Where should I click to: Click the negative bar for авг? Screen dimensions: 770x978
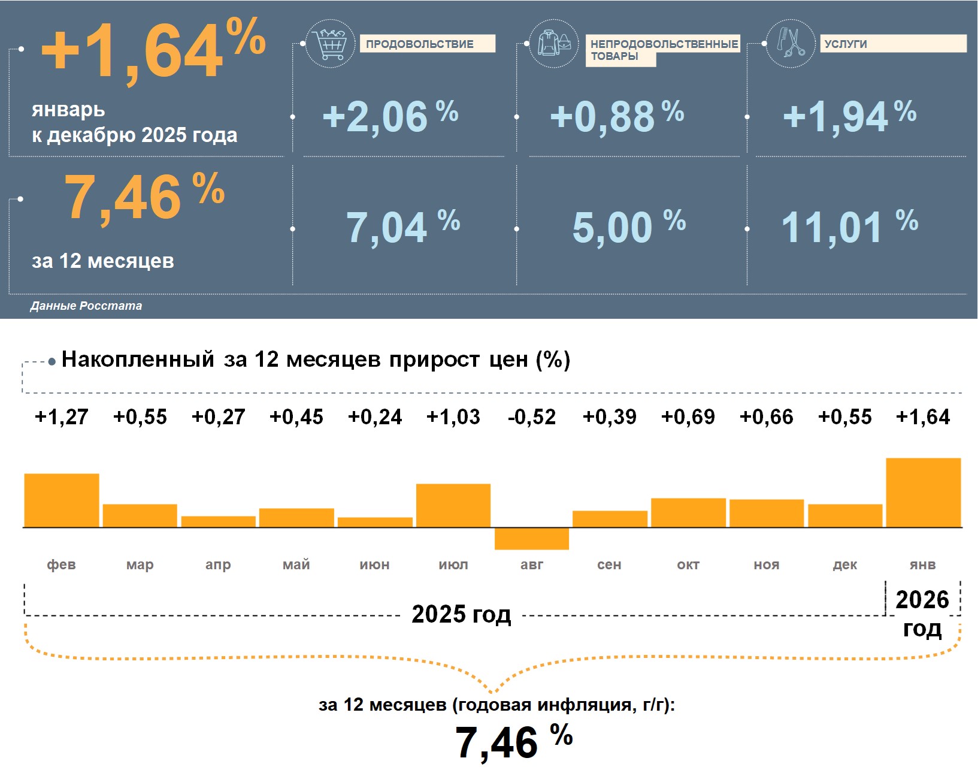point(531,538)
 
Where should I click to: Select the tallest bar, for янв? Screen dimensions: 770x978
point(923,493)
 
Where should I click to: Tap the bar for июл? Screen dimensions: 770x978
point(453,505)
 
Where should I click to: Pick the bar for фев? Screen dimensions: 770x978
point(62,500)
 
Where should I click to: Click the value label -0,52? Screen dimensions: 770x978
point(531,417)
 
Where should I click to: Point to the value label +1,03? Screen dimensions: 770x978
point(453,417)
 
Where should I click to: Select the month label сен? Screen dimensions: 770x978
point(609,564)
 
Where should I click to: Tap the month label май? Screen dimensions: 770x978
point(296,564)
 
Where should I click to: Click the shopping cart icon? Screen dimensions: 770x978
point(330,43)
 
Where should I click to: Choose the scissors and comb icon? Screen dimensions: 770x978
point(791,43)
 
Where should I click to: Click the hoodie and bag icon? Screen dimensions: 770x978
point(554,43)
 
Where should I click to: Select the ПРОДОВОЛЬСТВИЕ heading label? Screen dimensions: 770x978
point(420,44)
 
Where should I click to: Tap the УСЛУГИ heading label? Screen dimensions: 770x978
point(846,44)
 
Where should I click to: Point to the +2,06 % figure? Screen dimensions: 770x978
point(390,116)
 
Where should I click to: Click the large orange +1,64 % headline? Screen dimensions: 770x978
point(153,49)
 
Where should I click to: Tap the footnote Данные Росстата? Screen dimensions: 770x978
point(86,306)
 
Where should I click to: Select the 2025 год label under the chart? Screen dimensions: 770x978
point(461,614)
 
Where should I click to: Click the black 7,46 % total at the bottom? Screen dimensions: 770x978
point(513,742)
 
